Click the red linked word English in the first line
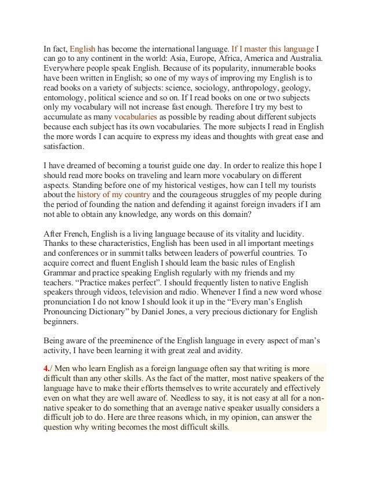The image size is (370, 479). click(82, 49)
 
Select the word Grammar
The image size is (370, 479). click(61, 274)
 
